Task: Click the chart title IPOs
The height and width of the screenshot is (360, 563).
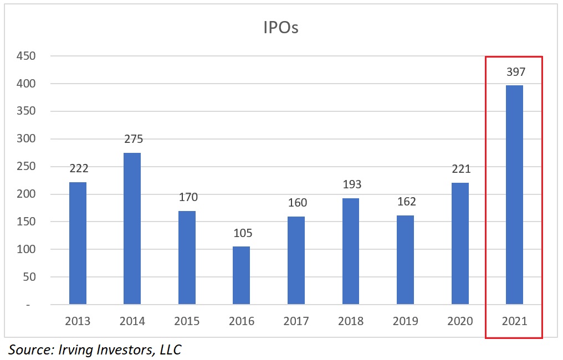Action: pyautogui.click(x=281, y=28)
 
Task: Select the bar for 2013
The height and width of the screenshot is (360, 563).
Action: pyautogui.click(x=78, y=243)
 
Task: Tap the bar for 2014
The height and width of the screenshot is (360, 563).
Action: pyautogui.click(x=132, y=229)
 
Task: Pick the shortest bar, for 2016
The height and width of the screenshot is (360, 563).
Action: pyautogui.click(x=242, y=275)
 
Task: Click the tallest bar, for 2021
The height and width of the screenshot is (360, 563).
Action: pyautogui.click(x=514, y=195)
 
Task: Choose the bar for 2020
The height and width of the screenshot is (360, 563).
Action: pyautogui.click(x=460, y=244)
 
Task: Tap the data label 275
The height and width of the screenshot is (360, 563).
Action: pyautogui.click(x=133, y=140)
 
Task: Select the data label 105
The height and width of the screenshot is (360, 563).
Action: pyautogui.click(x=242, y=233)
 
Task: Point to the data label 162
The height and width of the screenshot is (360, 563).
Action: pyautogui.click(x=405, y=202)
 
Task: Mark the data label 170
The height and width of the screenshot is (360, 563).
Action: pyautogui.click(x=188, y=197)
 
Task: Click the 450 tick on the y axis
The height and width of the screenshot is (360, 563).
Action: pyautogui.click(x=26, y=56)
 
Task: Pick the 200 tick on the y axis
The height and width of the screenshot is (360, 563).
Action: pyautogui.click(x=26, y=194)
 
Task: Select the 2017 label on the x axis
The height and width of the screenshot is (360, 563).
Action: pyautogui.click(x=296, y=321)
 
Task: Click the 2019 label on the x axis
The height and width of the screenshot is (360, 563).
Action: pyautogui.click(x=405, y=321)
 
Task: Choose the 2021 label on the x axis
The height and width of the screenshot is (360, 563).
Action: pyautogui.click(x=514, y=321)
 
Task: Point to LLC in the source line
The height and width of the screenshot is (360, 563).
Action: pyautogui.click(x=168, y=349)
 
